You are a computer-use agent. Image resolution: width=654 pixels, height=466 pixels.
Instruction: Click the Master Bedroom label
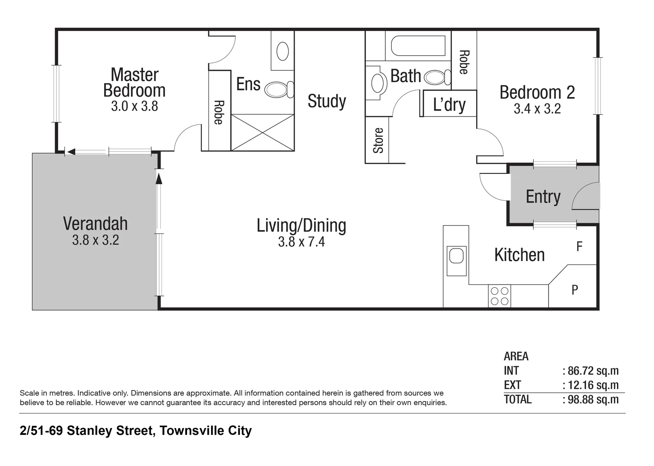(134, 82)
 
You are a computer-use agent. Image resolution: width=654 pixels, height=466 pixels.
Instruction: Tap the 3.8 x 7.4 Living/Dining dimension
(301, 242)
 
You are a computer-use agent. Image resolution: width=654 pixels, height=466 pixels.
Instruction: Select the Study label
(327, 101)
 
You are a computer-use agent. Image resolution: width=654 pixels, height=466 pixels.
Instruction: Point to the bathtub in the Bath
(418, 46)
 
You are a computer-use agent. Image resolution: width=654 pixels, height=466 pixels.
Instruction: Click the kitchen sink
(456, 255)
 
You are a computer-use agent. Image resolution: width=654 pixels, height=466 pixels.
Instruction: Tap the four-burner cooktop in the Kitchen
(499, 296)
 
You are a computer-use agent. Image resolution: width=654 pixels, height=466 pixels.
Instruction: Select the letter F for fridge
(579, 247)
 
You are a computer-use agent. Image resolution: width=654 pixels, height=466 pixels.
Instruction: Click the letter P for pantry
(575, 290)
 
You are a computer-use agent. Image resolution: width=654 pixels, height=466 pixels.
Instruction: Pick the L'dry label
(449, 104)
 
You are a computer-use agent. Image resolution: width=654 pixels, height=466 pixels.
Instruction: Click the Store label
(378, 140)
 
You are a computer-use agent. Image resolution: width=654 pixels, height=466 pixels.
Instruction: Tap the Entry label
(543, 197)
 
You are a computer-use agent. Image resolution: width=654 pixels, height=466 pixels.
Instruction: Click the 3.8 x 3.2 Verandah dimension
(95, 240)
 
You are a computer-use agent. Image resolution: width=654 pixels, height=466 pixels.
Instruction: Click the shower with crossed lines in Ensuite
(262, 132)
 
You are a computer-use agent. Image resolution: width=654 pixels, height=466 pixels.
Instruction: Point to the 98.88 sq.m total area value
(593, 400)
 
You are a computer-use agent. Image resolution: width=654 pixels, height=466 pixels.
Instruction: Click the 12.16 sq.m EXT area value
(593, 385)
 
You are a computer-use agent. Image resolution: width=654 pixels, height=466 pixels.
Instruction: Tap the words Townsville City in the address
(206, 431)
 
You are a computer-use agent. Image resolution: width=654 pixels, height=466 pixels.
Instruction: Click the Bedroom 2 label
(537, 93)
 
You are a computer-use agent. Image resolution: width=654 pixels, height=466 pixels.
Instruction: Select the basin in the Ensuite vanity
(283, 51)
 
